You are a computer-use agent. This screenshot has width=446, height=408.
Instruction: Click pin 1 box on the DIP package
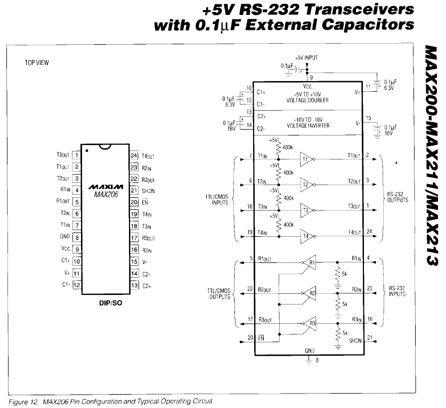click(77, 156)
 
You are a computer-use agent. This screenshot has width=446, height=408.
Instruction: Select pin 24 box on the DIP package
click(134, 156)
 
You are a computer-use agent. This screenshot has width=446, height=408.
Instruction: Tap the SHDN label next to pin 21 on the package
click(148, 190)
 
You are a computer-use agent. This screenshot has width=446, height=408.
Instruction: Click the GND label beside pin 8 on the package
click(64, 236)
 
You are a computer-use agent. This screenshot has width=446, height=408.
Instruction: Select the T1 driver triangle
click(306, 159)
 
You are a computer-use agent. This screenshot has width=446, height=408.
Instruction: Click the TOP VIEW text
click(37, 63)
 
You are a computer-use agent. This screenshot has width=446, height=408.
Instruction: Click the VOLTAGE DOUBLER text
click(307, 100)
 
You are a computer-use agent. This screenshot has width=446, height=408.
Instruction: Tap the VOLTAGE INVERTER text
click(308, 125)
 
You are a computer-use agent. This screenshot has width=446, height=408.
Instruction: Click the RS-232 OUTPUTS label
click(398, 197)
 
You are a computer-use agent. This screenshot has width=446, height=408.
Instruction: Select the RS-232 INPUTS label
click(398, 291)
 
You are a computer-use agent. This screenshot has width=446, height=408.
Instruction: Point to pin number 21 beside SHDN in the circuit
click(370, 337)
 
